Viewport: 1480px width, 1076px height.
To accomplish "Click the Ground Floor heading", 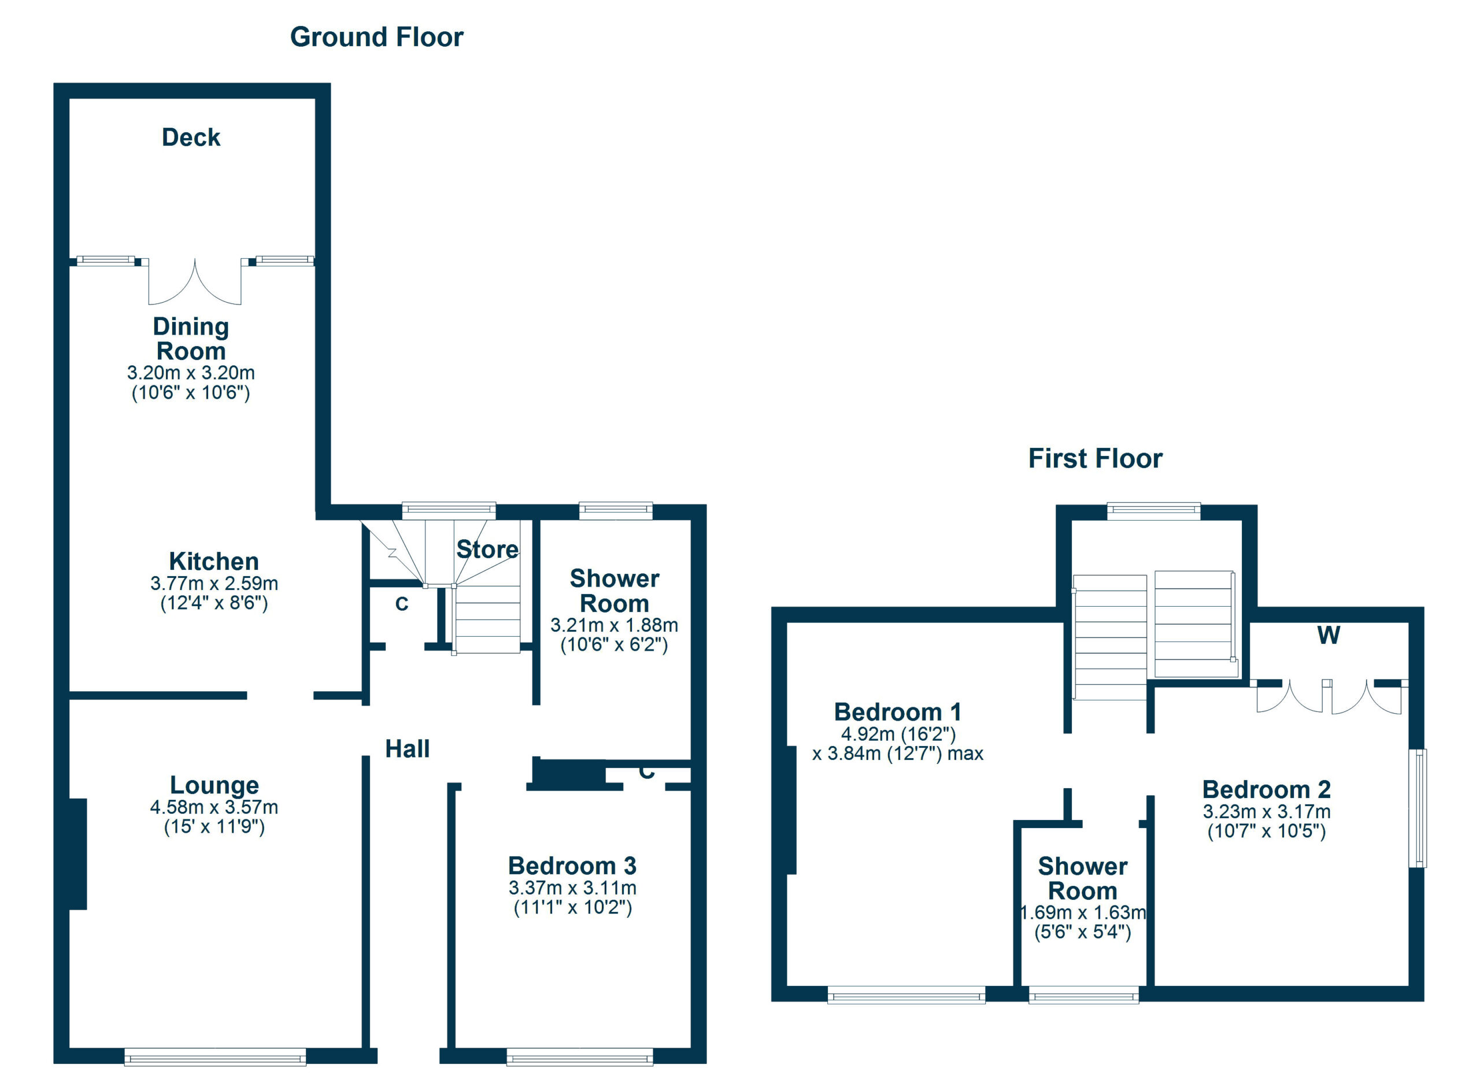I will point(376,37).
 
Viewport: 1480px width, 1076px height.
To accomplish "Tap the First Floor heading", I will point(1095,458).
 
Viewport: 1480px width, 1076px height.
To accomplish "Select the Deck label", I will point(191,138).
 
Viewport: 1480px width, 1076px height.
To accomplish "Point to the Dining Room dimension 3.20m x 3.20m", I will point(191,373).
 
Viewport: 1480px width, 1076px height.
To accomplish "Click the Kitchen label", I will point(213,562).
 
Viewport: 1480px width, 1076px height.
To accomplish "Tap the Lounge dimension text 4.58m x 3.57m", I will point(214,807).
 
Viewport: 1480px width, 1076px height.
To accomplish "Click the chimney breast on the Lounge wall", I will point(77,854).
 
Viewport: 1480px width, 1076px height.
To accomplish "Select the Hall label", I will point(407,749).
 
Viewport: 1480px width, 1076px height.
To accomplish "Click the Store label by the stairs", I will point(487,549).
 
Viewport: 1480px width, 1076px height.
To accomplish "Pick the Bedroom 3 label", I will point(572,866).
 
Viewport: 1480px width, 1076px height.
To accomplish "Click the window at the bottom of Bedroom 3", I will point(579,1056).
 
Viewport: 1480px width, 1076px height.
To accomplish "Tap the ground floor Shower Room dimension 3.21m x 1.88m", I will point(613,625).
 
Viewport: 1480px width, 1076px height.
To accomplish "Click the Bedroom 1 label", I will point(897,712).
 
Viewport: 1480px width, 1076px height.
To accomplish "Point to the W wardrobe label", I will point(1329,635).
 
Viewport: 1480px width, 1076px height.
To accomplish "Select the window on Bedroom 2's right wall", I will point(1418,808).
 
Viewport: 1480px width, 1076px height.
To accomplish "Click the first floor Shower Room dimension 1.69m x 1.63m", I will point(1083,912).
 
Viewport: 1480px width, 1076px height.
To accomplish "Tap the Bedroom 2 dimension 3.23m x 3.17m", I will point(1266,812).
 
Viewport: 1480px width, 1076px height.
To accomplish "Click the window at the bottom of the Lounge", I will point(214,1056).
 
